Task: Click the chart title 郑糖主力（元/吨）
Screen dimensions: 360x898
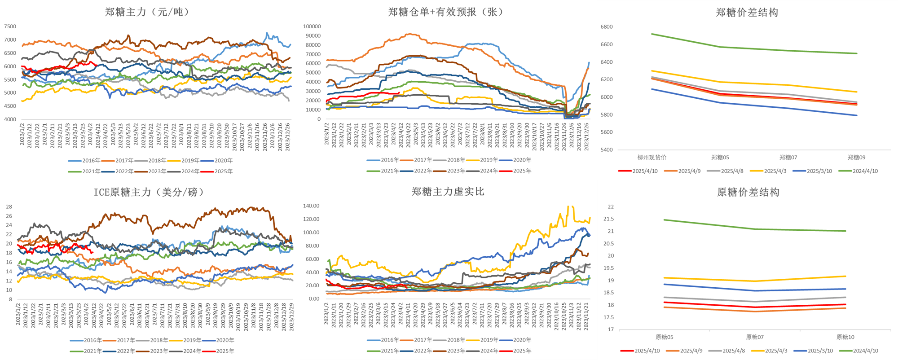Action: [x=147, y=12]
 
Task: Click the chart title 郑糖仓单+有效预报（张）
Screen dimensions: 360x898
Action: [x=445, y=12]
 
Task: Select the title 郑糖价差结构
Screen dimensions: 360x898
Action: [x=747, y=13]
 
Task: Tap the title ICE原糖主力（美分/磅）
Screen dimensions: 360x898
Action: [x=149, y=192]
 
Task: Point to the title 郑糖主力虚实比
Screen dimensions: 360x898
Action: [x=448, y=192]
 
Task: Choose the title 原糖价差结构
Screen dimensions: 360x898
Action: [x=748, y=192]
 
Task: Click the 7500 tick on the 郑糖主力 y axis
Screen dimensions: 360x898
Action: [x=10, y=26]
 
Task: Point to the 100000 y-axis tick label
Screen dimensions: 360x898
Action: [x=312, y=26]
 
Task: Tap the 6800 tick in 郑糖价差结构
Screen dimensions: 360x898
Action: [x=607, y=27]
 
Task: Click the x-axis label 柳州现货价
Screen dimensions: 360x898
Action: [x=652, y=158]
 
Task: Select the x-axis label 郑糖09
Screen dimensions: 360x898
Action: [x=856, y=158]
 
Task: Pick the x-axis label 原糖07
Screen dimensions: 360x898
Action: [x=755, y=337]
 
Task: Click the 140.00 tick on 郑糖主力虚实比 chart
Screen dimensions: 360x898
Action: [x=311, y=206]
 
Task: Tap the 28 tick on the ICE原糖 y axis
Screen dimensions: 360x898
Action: [x=9, y=207]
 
